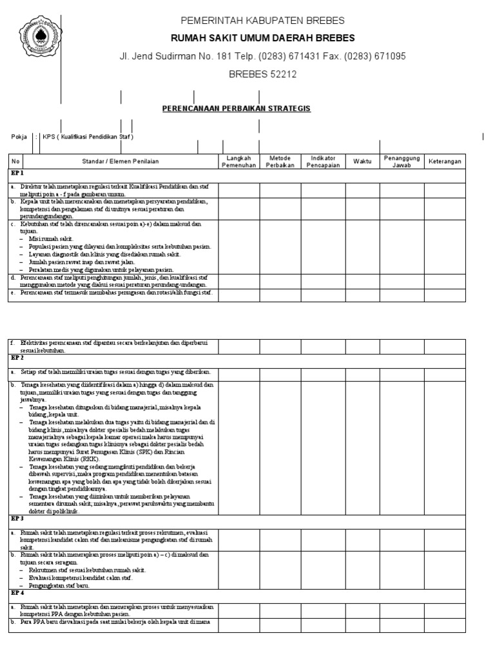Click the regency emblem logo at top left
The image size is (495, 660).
(39, 37)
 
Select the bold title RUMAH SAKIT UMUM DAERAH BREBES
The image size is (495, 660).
(262, 38)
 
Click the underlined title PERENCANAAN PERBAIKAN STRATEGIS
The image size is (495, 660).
(237, 109)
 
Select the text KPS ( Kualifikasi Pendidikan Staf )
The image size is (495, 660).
(88, 137)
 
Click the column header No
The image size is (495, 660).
(16, 161)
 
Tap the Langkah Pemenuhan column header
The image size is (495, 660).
(239, 161)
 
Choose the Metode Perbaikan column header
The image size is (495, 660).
(281, 161)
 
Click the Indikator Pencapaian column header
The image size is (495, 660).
(324, 161)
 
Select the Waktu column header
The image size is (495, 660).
(362, 161)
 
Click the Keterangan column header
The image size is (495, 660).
(445, 161)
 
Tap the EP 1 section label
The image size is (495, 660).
(17, 173)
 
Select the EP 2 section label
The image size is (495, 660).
(17, 356)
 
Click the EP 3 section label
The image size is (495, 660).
(17, 518)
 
